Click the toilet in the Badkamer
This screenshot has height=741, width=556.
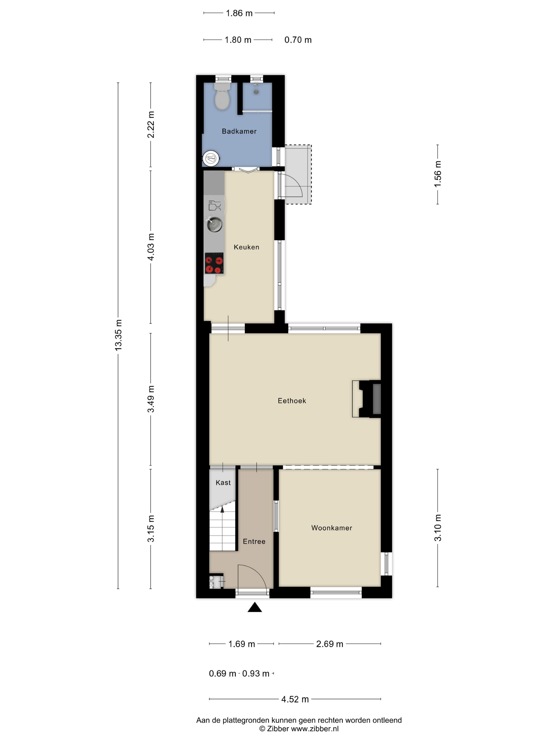[222, 96]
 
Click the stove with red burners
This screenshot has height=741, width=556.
[214, 263]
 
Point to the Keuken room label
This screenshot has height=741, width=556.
[246, 247]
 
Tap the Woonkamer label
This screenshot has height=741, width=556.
[332, 528]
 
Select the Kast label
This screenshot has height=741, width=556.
[223, 483]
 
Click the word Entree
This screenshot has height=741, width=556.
[254, 541]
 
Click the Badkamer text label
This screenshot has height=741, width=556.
[239, 131]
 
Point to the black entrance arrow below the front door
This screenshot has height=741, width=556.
[255, 607]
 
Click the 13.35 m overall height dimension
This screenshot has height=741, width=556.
[118, 335]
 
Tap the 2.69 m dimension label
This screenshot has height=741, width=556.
[330, 644]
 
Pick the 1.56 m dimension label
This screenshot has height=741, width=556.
[438, 174]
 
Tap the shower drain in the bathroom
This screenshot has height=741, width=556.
[256, 91]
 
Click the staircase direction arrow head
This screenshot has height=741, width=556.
[222, 509]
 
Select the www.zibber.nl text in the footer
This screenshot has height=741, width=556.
[315, 729]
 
